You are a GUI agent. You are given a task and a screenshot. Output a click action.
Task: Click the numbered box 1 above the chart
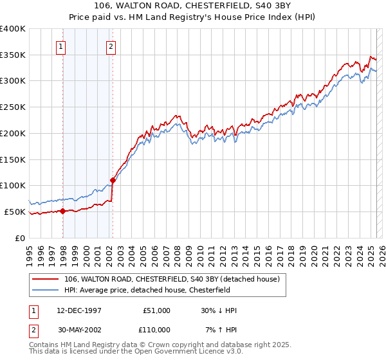[x=60, y=46]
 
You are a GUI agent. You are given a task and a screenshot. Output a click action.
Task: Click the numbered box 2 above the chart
[x=111, y=46]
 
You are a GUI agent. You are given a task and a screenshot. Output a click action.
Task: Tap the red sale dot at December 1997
[x=63, y=211]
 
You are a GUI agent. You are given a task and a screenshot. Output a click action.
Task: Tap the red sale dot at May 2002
[x=113, y=180]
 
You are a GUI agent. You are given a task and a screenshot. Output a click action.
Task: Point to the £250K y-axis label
[x=13, y=107]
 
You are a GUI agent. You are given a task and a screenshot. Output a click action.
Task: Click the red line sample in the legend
[x=46, y=279]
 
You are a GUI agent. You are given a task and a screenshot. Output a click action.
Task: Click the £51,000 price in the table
[x=155, y=310]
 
